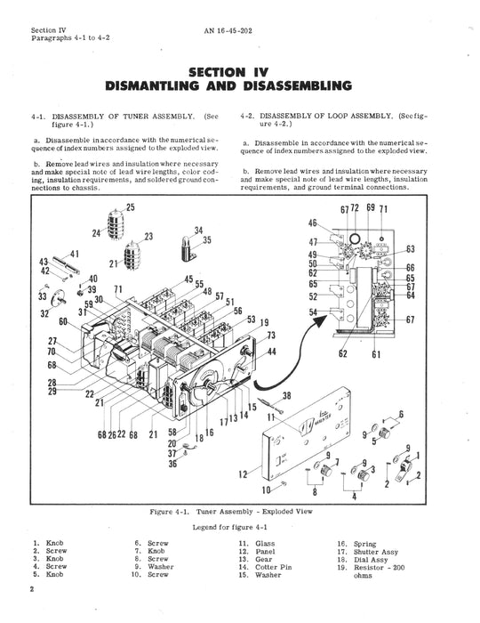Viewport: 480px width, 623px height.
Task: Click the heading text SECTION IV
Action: (228, 72)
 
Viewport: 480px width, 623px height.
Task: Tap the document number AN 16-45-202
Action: (228, 30)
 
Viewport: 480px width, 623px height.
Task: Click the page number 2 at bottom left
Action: (33, 589)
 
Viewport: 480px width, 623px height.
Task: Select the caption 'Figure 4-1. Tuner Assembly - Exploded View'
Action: (231, 512)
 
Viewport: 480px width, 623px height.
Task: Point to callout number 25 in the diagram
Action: (131, 207)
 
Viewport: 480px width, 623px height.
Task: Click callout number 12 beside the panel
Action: (243, 474)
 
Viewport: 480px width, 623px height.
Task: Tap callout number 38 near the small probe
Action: (286, 395)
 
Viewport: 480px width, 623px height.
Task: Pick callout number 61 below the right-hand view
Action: (376, 353)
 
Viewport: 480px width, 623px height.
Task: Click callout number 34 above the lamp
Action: (199, 231)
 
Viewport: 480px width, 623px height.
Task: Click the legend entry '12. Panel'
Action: (257, 551)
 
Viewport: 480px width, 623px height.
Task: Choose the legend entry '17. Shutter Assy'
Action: (368, 552)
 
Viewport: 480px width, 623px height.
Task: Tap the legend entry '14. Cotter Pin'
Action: (265, 567)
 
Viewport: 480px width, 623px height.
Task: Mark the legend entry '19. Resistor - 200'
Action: (371, 568)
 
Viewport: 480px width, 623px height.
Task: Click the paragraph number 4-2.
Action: (248, 116)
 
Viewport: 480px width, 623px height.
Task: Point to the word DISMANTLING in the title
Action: (152, 85)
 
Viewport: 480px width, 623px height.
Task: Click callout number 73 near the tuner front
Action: (271, 336)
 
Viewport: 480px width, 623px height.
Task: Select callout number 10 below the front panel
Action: (266, 489)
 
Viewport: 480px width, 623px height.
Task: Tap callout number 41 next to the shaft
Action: (75, 254)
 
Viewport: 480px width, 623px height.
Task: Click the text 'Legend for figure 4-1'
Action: (230, 527)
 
